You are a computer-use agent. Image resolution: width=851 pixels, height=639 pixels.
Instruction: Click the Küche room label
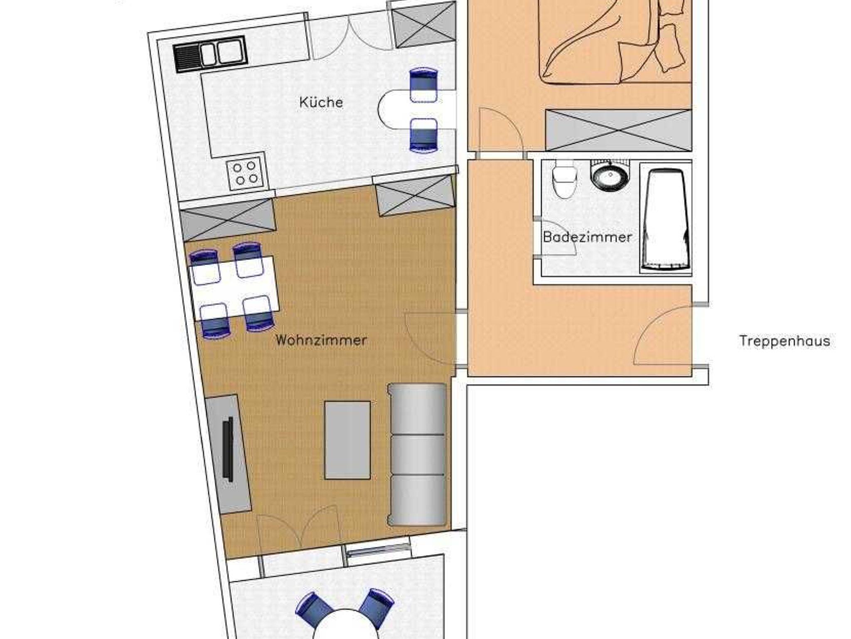[321, 102]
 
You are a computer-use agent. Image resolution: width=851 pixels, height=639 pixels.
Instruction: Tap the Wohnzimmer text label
[321, 341]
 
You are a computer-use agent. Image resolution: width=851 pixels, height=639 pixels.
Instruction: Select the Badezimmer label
[587, 237]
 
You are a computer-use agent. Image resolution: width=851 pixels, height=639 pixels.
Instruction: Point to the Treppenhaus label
[785, 341]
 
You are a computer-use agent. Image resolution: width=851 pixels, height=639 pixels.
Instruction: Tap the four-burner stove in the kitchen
[245, 174]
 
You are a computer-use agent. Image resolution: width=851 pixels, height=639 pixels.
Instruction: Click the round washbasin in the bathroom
[610, 176]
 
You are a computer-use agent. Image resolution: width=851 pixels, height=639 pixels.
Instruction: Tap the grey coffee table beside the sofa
[347, 440]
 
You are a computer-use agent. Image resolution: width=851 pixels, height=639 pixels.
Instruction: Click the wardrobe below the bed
[618, 130]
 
